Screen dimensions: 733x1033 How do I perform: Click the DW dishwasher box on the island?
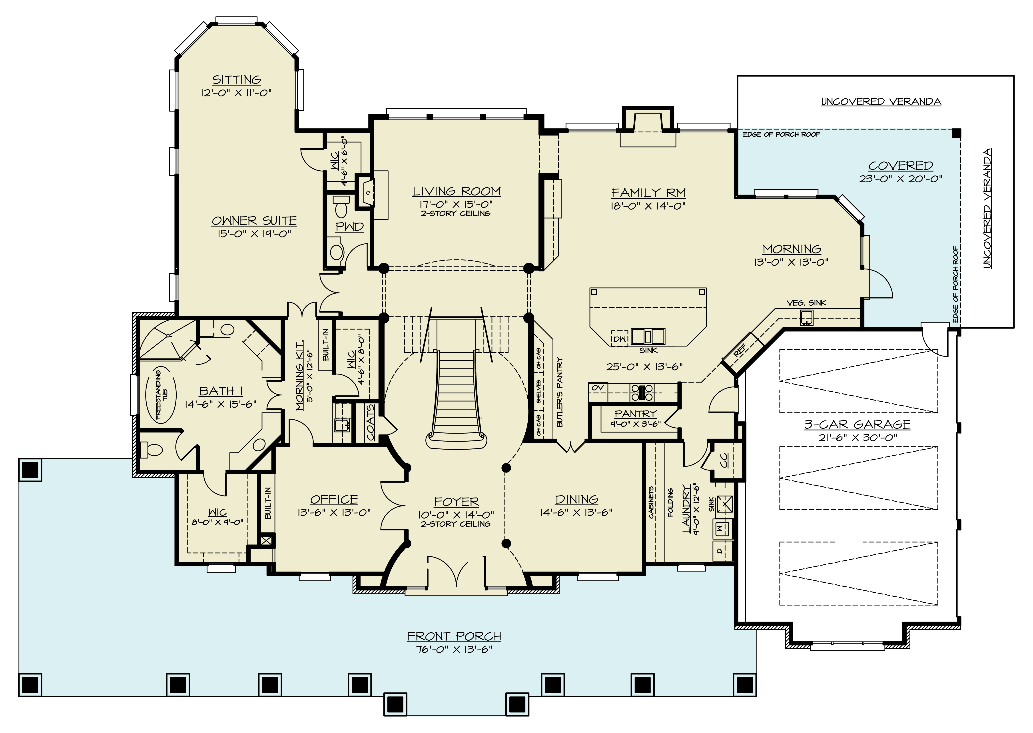(619, 339)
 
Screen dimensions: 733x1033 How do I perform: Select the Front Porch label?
(454, 636)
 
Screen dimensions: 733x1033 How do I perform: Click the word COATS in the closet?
(370, 422)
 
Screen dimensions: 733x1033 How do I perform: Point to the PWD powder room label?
(349, 227)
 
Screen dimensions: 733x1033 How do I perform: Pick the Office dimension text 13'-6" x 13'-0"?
(334, 512)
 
